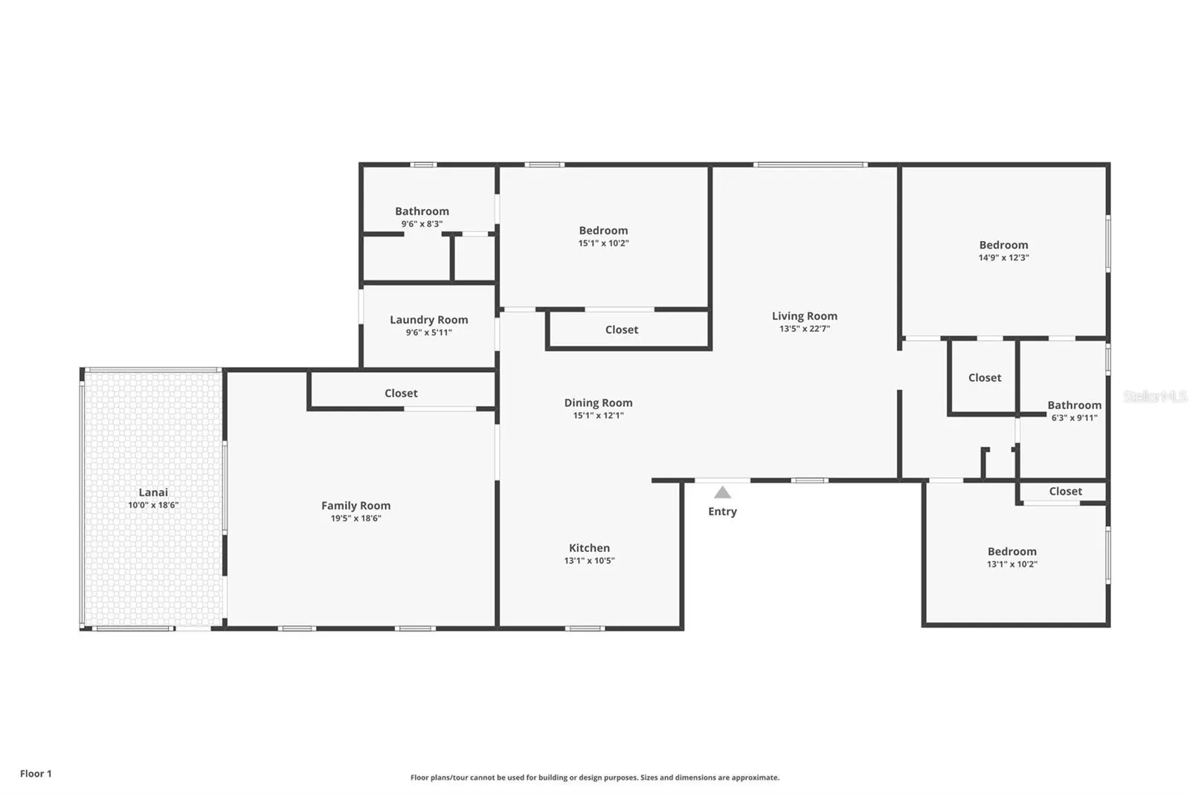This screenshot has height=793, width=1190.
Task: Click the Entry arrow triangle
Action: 722,492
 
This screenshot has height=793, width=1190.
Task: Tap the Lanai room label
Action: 153,492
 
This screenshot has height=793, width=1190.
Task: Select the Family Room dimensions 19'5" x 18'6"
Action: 356,518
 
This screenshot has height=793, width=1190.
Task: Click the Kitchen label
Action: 589,548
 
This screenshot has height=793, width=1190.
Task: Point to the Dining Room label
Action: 598,403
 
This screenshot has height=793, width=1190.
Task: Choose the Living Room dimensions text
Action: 804,329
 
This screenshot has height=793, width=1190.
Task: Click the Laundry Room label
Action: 428,320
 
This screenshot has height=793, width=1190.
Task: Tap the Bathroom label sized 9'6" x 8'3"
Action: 422,211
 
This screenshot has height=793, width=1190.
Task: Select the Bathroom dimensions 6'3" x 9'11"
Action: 1074,418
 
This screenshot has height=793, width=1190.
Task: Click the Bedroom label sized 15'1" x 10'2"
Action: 603,231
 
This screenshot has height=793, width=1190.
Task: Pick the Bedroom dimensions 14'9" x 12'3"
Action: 1003,258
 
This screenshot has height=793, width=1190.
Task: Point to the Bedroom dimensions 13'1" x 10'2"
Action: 1012,565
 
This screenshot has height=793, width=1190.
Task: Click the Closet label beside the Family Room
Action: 401,394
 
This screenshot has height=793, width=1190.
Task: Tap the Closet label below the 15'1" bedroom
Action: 622,330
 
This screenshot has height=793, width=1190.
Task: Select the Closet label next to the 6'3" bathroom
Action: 985,378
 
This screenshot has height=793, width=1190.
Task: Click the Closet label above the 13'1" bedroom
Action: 1065,492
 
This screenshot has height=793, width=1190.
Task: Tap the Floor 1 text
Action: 36,774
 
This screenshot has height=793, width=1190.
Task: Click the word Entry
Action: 722,511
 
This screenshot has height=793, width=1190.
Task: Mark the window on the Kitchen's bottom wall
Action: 585,629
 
